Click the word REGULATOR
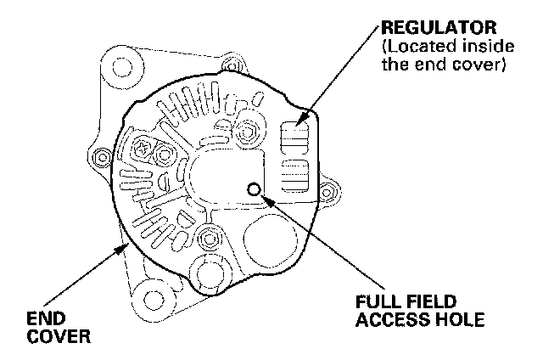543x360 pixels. pyautogui.click(x=436, y=29)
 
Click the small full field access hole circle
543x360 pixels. pyautogui.click(x=252, y=188)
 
